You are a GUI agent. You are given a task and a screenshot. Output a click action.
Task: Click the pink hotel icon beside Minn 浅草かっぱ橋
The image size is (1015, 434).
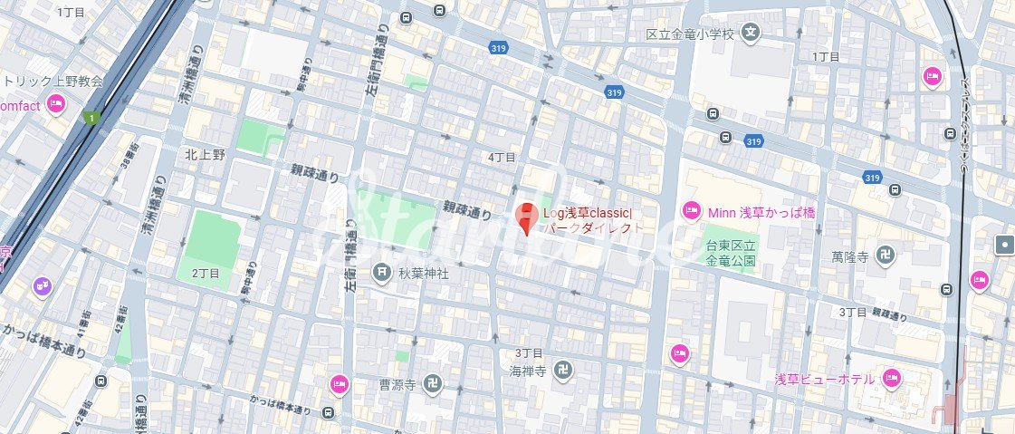tap(691, 211)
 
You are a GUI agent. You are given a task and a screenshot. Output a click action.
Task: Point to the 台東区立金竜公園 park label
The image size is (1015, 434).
tap(731, 252)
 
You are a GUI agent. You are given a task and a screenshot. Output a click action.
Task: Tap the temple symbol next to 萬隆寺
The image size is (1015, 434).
tap(886, 257)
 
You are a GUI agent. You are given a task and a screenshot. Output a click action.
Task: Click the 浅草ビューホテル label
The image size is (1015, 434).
tap(824, 378)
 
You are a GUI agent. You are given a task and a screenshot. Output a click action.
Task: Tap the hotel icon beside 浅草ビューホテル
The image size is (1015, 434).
tap(890, 377)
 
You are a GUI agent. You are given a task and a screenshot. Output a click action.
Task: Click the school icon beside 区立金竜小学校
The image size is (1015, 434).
tap(750, 34)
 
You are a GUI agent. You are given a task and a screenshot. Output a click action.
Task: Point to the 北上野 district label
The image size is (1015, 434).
tap(204, 154)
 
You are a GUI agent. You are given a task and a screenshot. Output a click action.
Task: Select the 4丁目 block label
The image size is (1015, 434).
tap(502, 157)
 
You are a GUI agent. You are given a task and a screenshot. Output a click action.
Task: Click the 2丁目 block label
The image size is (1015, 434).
tap(206, 272)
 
